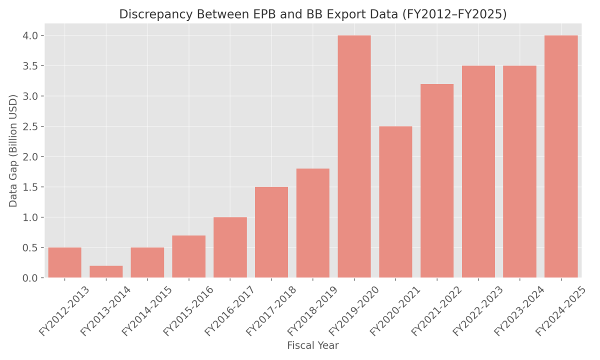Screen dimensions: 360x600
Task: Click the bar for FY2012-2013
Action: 64,262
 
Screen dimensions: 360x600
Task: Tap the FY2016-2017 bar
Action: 230,247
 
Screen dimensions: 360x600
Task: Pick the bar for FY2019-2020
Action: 354,156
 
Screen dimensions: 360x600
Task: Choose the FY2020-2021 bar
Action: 395,202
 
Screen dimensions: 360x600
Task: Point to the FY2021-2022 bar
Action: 437,181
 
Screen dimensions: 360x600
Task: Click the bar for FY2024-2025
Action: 561,156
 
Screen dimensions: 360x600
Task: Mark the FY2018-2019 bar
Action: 312,223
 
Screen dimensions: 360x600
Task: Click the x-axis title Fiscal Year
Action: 312,345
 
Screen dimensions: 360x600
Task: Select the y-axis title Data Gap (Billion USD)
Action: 13,150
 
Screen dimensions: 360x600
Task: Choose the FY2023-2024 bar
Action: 519,171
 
